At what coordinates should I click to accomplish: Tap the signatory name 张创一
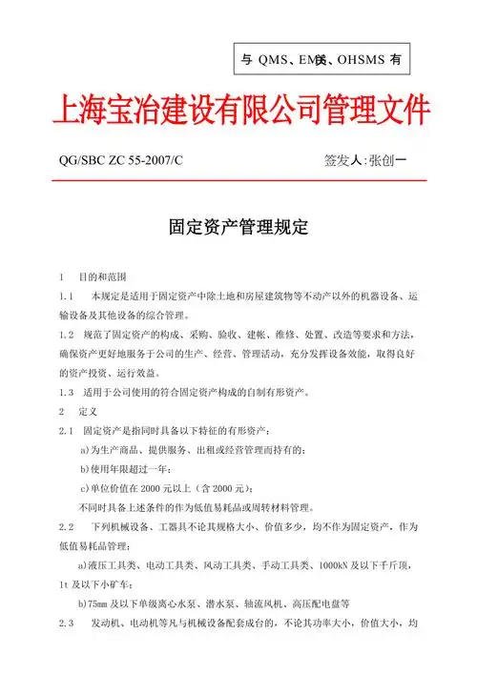tap(389, 160)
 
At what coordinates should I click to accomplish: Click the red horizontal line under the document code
tap(238, 180)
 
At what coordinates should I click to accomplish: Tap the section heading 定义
tap(89, 412)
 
